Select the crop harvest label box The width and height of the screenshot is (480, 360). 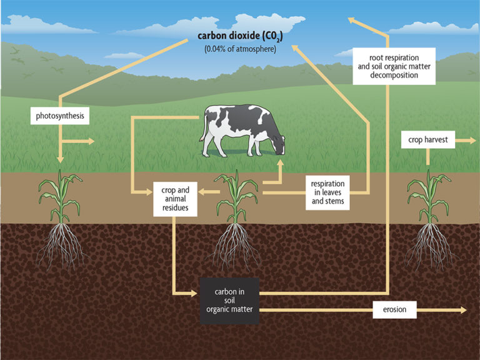click(x=428, y=140)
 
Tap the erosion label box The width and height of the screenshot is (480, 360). click(x=392, y=310)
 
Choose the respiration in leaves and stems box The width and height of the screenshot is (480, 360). click(x=327, y=192)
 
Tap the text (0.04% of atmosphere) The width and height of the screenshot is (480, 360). click(x=240, y=49)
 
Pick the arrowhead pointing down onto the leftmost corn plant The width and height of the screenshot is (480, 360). click(x=60, y=160)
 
